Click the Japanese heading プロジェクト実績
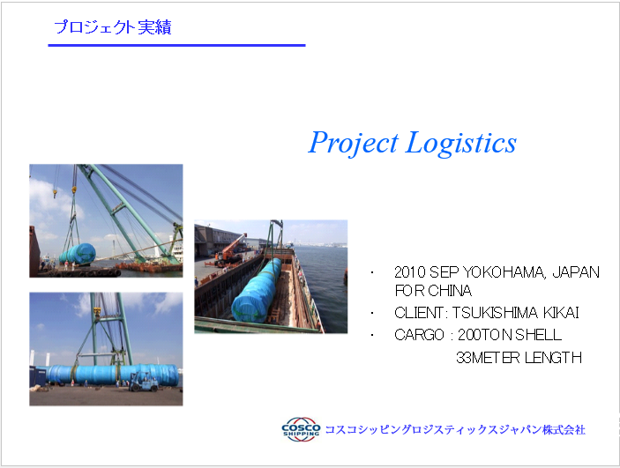(x=113, y=26)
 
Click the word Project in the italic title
(x=354, y=143)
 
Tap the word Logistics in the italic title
(x=461, y=142)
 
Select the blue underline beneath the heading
(x=176, y=46)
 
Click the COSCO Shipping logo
(x=301, y=429)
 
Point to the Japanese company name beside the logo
(x=455, y=429)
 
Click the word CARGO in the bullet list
(x=419, y=335)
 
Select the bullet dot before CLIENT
(x=372, y=314)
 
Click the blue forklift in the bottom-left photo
(x=144, y=382)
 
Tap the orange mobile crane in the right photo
(x=230, y=249)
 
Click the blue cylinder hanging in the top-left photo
(x=78, y=254)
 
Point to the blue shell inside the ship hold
(x=257, y=291)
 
